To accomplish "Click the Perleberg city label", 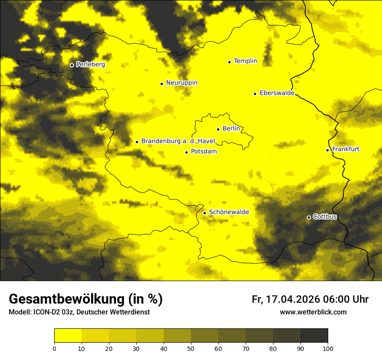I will click(x=90, y=65).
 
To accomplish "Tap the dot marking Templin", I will click(x=229, y=62).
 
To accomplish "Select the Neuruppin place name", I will click(x=181, y=83).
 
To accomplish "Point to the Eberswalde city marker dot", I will click(x=255, y=94).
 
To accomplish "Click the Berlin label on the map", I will click(x=231, y=128).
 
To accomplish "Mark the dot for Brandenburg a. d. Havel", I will click(x=137, y=142).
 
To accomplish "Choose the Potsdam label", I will click(x=204, y=151).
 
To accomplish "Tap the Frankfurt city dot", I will click(x=327, y=150).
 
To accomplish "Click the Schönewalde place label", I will click(x=229, y=212).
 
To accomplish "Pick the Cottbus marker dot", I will click(x=309, y=217).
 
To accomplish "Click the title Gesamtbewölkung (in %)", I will click(x=86, y=299).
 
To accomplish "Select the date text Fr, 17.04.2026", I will click(x=286, y=299).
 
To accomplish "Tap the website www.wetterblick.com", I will click(x=313, y=312).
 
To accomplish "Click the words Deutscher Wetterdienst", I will click(x=113, y=312).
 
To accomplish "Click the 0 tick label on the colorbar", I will click(x=54, y=348).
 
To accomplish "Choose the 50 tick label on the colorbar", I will click(x=191, y=348).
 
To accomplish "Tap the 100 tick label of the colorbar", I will click(x=328, y=348).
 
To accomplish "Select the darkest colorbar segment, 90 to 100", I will click(x=314, y=336).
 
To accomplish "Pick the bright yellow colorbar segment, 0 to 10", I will click(x=68, y=336).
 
